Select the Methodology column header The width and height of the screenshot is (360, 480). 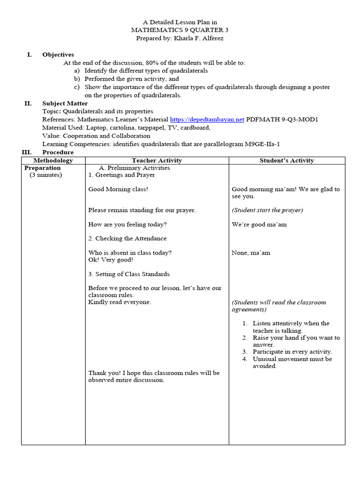pyautogui.click(x=53, y=160)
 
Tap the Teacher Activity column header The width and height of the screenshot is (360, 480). pyautogui.click(x=157, y=160)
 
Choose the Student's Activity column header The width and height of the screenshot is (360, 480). pyautogui.click(x=286, y=160)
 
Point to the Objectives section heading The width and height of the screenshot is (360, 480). pyautogui.click(x=58, y=55)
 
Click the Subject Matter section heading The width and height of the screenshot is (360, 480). pyautogui.click(x=65, y=103)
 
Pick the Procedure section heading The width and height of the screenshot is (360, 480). pyautogui.click(x=58, y=152)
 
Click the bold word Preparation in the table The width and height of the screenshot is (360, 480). pyautogui.click(x=43, y=168)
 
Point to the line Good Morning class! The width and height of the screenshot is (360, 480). pyautogui.click(x=118, y=189)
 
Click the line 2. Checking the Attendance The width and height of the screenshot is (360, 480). pyautogui.click(x=127, y=239)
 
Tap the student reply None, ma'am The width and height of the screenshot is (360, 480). pyautogui.click(x=251, y=253)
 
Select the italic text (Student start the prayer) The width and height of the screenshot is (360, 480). pyautogui.click(x=267, y=210)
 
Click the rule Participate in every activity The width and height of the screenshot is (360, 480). pyautogui.click(x=292, y=352)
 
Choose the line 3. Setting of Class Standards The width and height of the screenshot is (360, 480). pyautogui.click(x=129, y=274)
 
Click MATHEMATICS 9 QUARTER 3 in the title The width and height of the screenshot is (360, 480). pyautogui.click(x=180, y=30)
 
